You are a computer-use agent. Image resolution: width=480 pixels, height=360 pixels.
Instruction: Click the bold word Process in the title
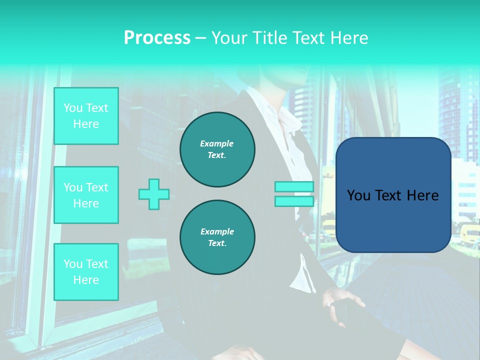point(157,38)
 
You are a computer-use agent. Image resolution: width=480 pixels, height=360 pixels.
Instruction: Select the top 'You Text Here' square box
point(86,116)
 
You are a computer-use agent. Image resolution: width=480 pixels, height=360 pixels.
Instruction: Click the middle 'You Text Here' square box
point(86,195)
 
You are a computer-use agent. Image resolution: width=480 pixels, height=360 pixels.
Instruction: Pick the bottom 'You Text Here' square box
point(86,272)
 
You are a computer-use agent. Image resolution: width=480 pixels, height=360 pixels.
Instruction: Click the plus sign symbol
point(154,194)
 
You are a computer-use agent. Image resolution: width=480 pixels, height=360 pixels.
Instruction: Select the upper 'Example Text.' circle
point(217,149)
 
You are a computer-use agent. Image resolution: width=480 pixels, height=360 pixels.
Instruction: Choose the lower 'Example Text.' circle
point(217,237)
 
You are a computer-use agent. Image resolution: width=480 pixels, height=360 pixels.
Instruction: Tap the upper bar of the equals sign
point(294,187)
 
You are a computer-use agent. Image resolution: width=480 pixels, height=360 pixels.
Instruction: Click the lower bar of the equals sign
point(294,201)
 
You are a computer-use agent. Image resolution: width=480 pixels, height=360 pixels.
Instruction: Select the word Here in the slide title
point(349,38)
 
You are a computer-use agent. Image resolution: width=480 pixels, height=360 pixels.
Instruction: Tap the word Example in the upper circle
point(216,143)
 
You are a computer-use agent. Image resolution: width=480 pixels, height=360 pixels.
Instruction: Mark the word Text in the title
point(308,38)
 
